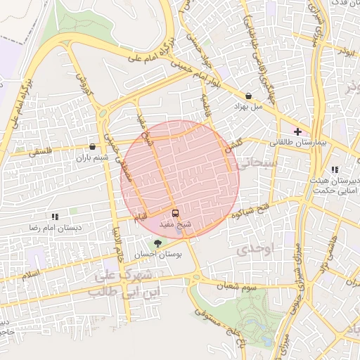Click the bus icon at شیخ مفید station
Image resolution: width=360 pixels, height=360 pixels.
click(175, 213)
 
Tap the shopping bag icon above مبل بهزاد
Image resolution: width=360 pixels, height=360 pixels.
click(248, 95)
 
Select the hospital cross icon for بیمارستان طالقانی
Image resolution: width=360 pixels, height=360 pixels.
click(298, 131)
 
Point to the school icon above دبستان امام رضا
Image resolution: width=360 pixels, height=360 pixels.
click(55, 217)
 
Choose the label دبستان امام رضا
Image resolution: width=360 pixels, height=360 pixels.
click(54, 229)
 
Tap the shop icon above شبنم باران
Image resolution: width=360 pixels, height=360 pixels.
click(93, 147)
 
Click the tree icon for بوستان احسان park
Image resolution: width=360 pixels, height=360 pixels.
click(157, 243)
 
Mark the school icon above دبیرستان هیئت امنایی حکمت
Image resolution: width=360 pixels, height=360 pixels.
click(334, 169)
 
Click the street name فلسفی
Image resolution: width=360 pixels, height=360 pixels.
click(39, 150)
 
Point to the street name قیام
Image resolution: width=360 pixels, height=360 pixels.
click(143, 219)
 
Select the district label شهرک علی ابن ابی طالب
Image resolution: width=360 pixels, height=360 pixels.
click(120, 281)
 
